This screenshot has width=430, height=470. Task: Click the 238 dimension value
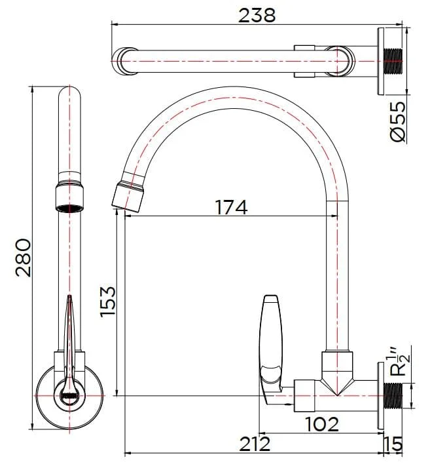(257, 15)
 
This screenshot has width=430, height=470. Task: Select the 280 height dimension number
(24, 258)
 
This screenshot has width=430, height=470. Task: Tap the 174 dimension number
(231, 207)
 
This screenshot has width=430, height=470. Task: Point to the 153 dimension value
(108, 302)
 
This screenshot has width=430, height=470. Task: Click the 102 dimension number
(322, 424)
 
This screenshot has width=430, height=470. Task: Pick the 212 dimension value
(255, 444)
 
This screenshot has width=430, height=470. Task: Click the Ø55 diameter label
(399, 121)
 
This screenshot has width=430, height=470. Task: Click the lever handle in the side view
(271, 347)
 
